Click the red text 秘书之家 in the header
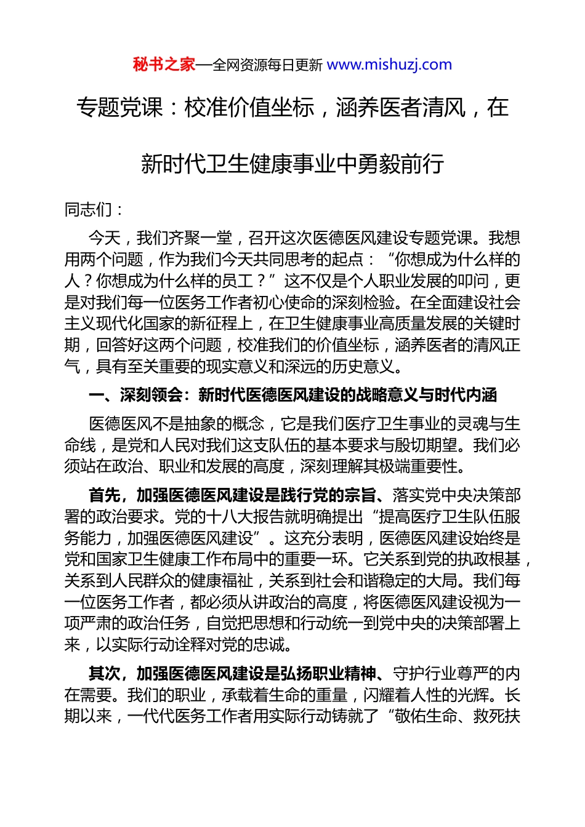coord(164,65)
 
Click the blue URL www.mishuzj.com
coord(389,65)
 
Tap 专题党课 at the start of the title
coord(120,108)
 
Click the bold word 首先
coord(104,495)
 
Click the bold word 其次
coord(104,674)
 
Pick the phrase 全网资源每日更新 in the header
coord(267,65)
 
